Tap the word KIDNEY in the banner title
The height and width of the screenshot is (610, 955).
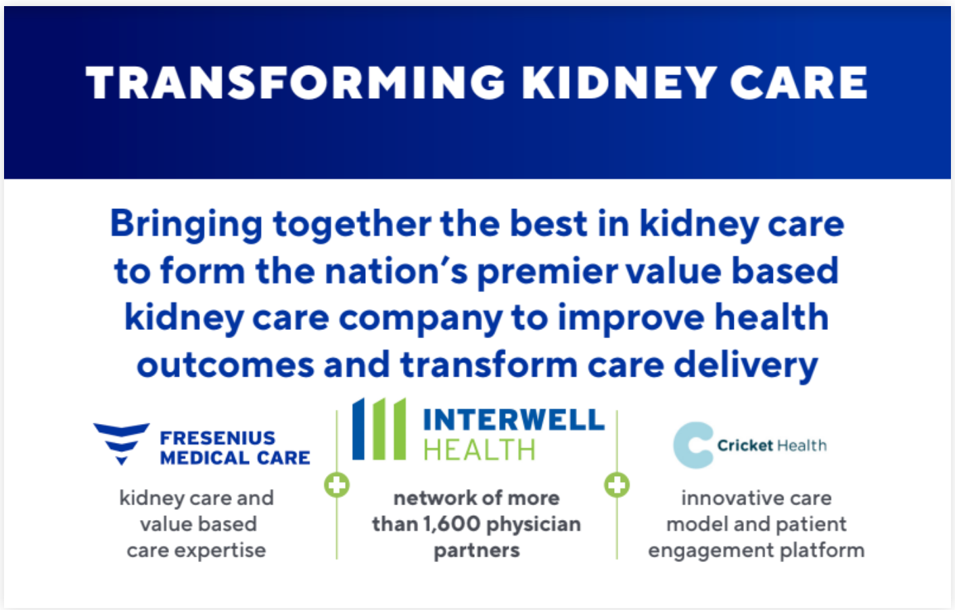tap(619, 83)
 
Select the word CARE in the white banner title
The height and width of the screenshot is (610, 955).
tap(799, 83)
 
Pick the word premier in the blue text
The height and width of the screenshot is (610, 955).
tap(547, 273)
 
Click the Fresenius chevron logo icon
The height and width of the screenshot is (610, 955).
tap(122, 444)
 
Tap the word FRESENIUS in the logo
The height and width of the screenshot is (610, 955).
tap(218, 438)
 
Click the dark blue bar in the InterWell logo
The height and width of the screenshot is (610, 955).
tap(358, 429)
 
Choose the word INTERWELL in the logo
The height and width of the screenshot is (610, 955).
tap(514, 419)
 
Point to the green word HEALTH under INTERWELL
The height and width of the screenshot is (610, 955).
tap(480, 450)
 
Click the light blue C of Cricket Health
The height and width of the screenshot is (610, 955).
tap(693, 445)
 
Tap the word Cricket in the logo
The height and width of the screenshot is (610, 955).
tap(745, 446)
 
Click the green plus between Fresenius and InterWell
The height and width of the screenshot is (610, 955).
tap(337, 485)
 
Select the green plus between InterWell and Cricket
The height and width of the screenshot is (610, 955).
tap(617, 485)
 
